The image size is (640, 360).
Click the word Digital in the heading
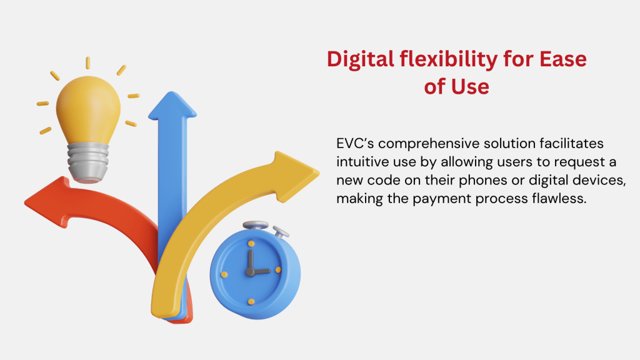pyautogui.click(x=361, y=60)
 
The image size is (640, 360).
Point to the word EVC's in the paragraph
pyautogui.click(x=355, y=144)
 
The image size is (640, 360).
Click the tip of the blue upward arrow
pyautogui.click(x=172, y=92)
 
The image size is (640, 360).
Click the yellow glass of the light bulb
pyautogui.click(x=88, y=109)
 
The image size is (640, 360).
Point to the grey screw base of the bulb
pyautogui.click(x=88, y=162)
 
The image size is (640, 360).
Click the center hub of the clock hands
pyautogui.click(x=250, y=272)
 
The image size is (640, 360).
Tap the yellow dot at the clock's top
pyautogui.click(x=251, y=244)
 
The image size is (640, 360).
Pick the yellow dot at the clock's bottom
pyautogui.click(x=251, y=302)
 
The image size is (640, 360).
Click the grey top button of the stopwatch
pyautogui.click(x=256, y=225)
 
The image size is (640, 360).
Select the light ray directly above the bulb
pyautogui.click(x=87, y=63)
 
